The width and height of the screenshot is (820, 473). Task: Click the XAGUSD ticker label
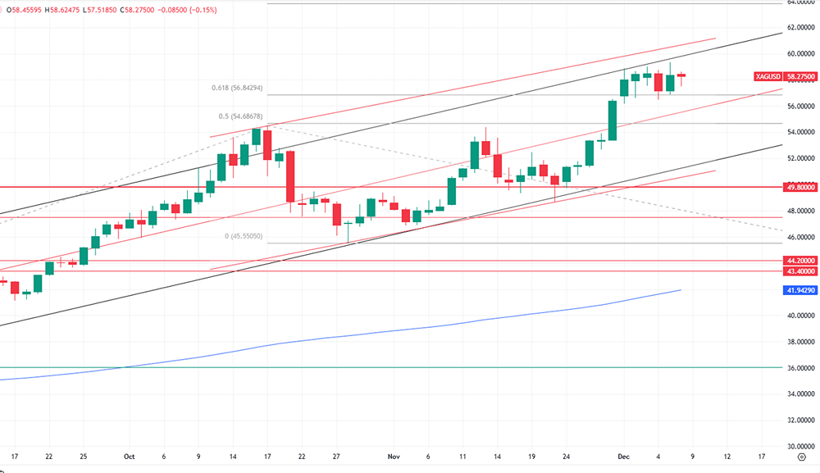(x=768, y=75)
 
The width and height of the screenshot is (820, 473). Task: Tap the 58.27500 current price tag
(x=799, y=75)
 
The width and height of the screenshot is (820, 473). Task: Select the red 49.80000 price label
(x=800, y=186)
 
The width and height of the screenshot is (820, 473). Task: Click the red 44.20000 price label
(x=800, y=261)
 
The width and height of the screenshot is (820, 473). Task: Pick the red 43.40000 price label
(x=800, y=271)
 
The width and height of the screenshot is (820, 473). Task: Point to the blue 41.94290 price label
(x=800, y=290)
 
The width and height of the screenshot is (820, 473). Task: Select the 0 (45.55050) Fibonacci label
(x=244, y=236)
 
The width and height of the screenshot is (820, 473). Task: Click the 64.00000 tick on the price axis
(x=800, y=2)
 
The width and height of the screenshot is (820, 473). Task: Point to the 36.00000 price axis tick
(x=800, y=368)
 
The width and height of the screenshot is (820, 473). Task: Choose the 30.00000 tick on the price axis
(x=800, y=447)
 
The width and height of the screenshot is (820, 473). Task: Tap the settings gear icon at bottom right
(x=801, y=458)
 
